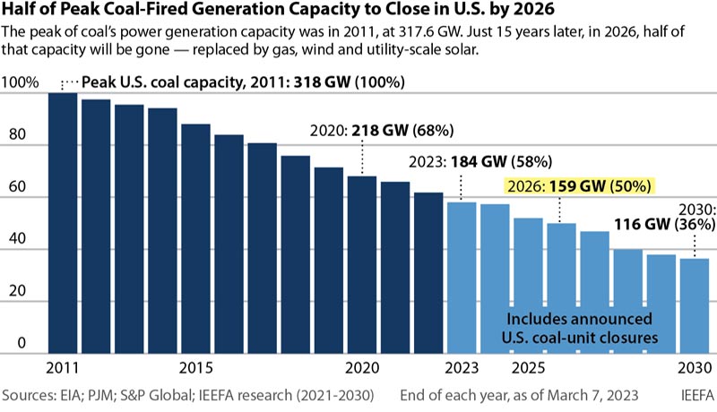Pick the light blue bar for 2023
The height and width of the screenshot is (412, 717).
tap(462, 278)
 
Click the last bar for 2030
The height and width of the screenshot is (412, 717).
tap(694, 305)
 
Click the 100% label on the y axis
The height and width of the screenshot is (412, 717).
tap(22, 83)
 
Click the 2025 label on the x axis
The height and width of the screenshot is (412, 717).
tap(528, 368)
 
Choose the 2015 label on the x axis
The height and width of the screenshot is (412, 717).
tap(195, 368)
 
